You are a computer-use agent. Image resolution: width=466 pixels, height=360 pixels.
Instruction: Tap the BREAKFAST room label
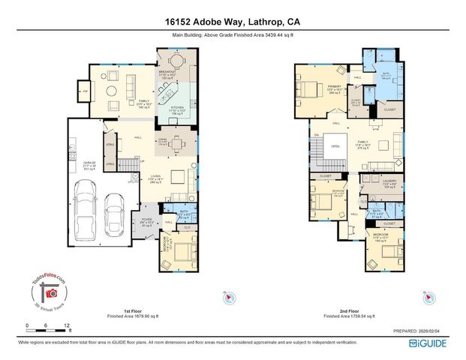pos(167,71)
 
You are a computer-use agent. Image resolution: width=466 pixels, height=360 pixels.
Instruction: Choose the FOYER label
pos(148,220)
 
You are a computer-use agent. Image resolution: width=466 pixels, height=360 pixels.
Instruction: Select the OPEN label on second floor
pos(335,146)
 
